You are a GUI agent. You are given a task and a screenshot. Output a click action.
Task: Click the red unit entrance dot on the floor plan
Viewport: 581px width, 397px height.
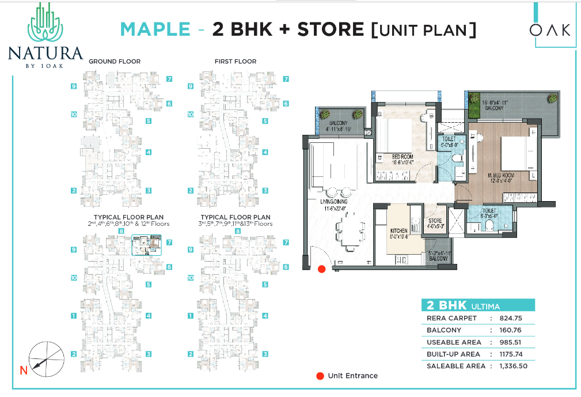coord(321,269)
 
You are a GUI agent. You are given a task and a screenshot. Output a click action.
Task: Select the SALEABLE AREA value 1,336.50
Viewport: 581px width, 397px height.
coord(513,366)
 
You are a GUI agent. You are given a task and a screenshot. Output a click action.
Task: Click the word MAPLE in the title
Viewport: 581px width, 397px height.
coord(155,29)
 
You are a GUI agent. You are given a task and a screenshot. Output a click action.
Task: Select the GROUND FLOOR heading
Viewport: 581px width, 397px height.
coord(114,61)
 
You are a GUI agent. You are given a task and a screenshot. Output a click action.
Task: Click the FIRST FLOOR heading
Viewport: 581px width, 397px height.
coord(235,61)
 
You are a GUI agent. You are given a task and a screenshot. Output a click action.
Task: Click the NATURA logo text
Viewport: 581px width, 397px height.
coord(45,54)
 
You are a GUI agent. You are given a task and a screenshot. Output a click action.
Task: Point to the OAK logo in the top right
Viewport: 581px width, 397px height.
coord(550,29)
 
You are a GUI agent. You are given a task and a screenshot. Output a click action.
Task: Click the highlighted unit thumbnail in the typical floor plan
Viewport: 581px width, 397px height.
coord(147,245)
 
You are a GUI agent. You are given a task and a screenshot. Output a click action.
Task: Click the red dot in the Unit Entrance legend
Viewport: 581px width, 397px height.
coord(320,376)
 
